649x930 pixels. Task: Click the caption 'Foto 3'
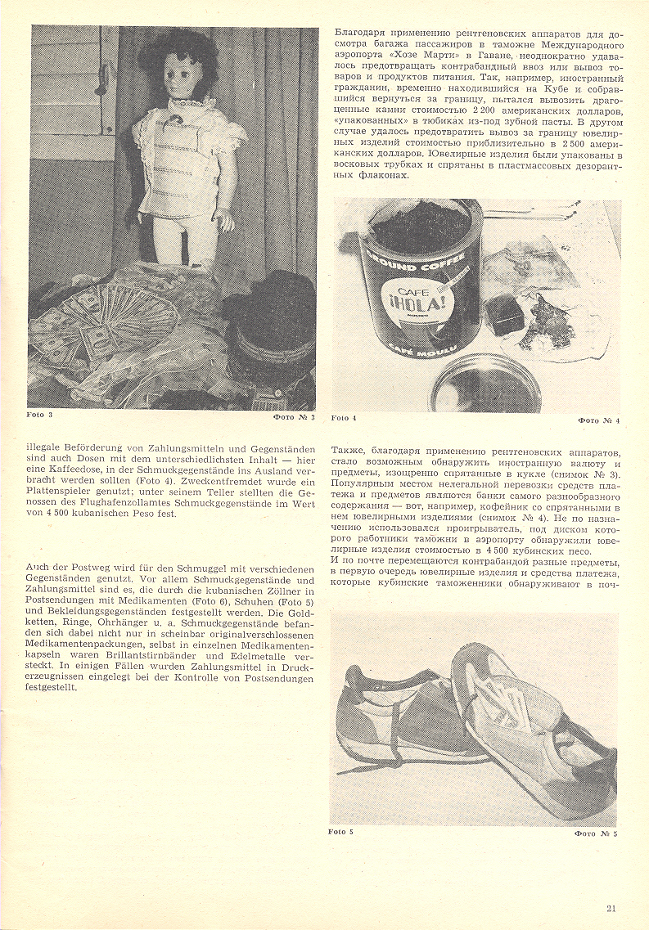tap(39, 415)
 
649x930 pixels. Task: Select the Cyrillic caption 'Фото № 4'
tap(599, 420)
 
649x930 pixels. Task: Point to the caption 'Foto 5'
tap(340, 832)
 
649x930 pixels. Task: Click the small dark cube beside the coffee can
tap(507, 315)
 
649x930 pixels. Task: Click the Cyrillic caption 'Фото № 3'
tap(294, 416)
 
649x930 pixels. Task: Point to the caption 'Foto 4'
tap(344, 418)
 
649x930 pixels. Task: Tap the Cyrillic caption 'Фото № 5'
tap(596, 833)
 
